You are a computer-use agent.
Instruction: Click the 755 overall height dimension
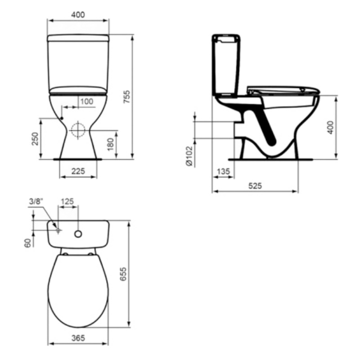[x=126, y=97]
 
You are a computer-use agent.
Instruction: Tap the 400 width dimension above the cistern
[x=78, y=15]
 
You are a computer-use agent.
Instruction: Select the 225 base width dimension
[x=78, y=171]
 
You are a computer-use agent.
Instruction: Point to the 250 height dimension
[x=35, y=139]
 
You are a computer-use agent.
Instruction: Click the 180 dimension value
[x=111, y=144]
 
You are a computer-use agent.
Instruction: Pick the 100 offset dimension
[x=87, y=101]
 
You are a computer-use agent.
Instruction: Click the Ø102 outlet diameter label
[x=189, y=156]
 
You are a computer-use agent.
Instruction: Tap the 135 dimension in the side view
[x=223, y=171]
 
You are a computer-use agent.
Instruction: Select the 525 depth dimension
[x=255, y=185]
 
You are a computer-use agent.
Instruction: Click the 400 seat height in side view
[x=330, y=128]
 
